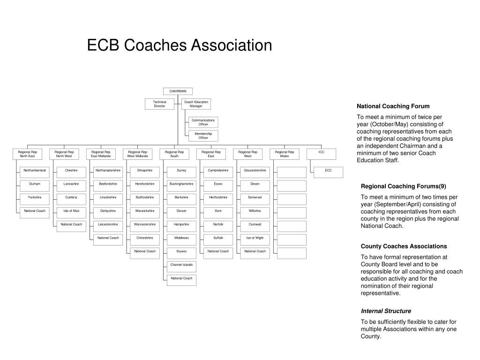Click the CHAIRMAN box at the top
pos(178,91)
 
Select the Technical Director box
pos(160,104)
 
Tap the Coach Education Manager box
pos(196,104)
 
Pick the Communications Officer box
pos(203,122)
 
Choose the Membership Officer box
pos(203,136)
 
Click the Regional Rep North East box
pos(27,154)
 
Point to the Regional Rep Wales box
pos(285,154)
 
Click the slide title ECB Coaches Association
pos(180,45)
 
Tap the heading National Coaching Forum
pos(393,106)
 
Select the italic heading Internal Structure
pos(386,311)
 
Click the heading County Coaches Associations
pos(404,247)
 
